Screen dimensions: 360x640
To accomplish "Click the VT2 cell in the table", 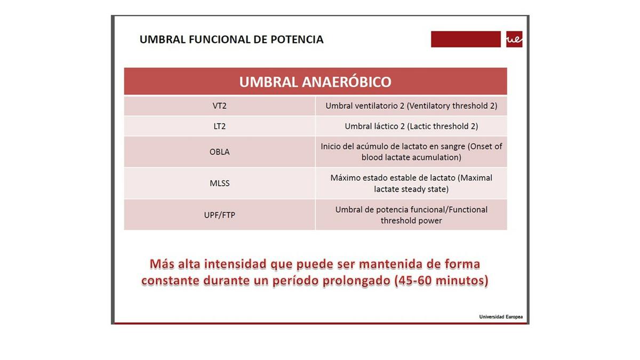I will pos(219,106).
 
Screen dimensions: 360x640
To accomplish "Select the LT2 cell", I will pos(219,126).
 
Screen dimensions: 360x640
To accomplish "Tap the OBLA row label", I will pos(219,152).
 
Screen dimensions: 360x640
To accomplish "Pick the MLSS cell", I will pos(219,183).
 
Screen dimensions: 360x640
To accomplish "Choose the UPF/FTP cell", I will pos(219,215).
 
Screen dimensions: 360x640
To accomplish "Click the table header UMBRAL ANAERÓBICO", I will pos(315,82).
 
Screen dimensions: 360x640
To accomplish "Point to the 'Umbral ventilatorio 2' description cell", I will pos(411,106).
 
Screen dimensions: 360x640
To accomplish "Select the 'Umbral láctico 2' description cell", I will pos(411,126).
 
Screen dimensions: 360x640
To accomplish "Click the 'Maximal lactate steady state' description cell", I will pos(411,183).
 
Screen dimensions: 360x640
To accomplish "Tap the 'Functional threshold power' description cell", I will pos(411,215).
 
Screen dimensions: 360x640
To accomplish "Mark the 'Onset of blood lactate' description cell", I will pos(411,152).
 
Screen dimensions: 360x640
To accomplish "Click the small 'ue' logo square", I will pos(514,39).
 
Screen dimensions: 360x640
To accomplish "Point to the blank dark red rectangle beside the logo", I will pos(466,39).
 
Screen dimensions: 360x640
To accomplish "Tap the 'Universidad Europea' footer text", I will pos(501,317).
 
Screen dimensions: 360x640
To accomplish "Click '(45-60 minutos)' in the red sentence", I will pos(441,281).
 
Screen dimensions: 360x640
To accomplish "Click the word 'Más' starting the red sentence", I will pos(162,264).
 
